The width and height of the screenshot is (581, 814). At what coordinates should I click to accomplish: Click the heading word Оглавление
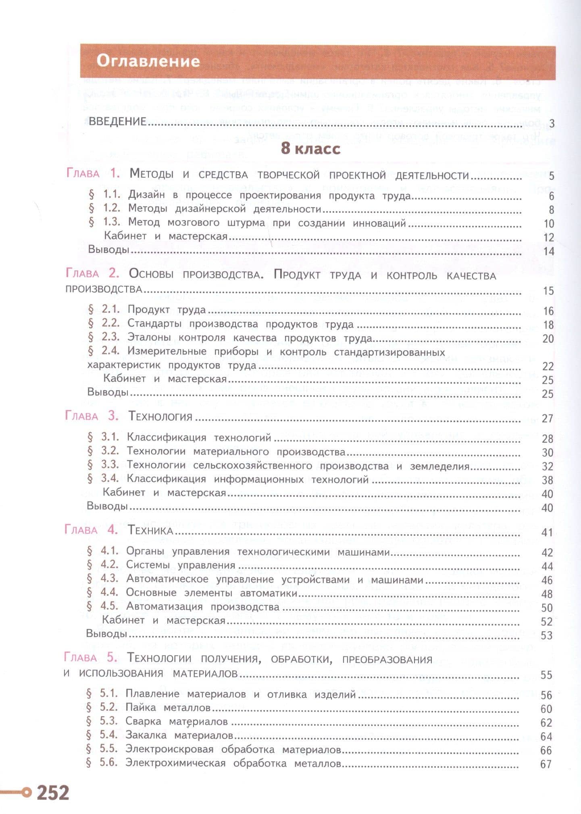(148, 62)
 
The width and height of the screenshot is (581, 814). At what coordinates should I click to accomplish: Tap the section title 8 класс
(310, 149)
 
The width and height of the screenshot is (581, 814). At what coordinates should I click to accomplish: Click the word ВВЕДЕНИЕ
(117, 122)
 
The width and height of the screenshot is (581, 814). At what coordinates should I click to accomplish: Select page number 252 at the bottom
(53, 792)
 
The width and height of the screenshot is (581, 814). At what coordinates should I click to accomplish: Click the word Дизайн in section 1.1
(146, 196)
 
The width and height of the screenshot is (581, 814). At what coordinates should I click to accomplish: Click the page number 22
(548, 366)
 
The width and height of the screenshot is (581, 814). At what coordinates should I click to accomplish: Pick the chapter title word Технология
(160, 416)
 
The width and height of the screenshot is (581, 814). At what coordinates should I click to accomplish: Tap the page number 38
(547, 480)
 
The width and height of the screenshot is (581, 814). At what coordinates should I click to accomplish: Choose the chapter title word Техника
(150, 531)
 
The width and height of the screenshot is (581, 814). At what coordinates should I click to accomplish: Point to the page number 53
(546, 636)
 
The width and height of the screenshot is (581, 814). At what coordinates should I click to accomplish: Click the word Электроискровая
(169, 749)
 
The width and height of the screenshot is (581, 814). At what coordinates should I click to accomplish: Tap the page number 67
(546, 764)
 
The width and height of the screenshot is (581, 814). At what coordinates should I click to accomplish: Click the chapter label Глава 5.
(91, 658)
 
